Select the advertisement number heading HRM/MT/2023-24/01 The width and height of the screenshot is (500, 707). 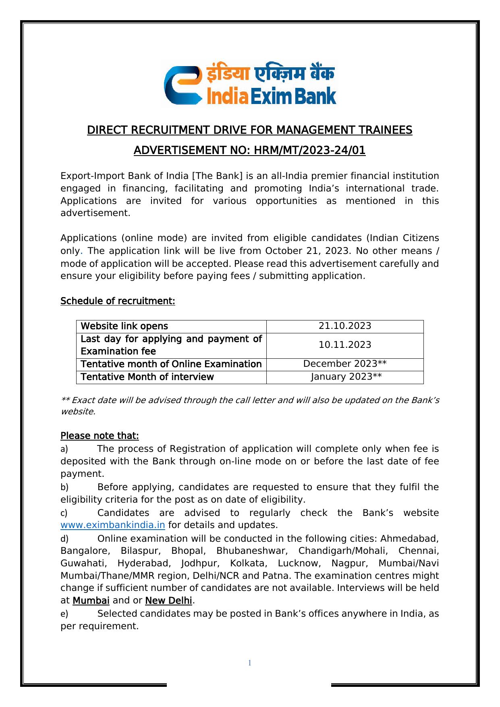click(x=249, y=150)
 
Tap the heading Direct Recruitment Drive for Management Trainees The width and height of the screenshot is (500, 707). click(x=249, y=130)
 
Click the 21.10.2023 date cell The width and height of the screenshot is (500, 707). click(x=345, y=326)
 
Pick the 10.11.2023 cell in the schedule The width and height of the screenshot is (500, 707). click(x=345, y=345)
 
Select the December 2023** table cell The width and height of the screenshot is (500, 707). click(x=345, y=364)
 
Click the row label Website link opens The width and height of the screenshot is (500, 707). click(x=124, y=326)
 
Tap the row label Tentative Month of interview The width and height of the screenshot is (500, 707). click(x=147, y=377)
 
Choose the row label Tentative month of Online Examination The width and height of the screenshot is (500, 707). click(x=171, y=364)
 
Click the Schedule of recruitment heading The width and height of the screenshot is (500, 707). click(x=118, y=301)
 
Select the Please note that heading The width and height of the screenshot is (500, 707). click(x=100, y=436)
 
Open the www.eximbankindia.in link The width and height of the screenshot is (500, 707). click(x=113, y=525)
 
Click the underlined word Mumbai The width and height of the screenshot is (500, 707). click(x=91, y=601)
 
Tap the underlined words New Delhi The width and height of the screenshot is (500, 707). click(x=168, y=601)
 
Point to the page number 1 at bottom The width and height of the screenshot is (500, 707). click(x=250, y=663)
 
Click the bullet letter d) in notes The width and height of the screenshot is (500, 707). click(x=64, y=539)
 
